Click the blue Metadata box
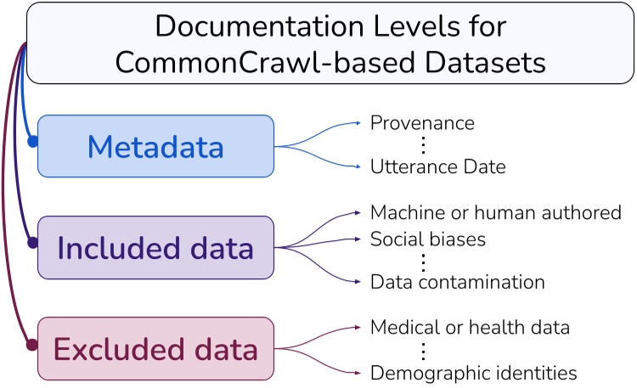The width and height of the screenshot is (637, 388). pos(155,146)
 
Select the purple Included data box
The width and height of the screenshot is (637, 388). pos(155,248)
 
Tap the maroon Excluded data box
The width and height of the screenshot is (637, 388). pos(155,349)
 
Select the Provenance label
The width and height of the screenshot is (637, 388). pos(421,123)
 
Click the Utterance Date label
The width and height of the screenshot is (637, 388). pos(437,167)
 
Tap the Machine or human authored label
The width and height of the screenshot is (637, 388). pos(496,211)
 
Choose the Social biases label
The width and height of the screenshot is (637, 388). pos(427,239)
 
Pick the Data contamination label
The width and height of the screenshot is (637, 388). pos(457,282)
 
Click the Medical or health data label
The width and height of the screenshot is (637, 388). pos(469,327)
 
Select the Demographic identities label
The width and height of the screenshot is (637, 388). pos(473,372)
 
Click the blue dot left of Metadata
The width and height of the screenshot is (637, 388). pos(32,142)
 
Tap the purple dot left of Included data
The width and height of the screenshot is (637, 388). pos(32,243)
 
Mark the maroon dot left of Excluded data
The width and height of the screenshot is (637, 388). pos(32,345)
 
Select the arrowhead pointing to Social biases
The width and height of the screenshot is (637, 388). pos(364,239)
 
